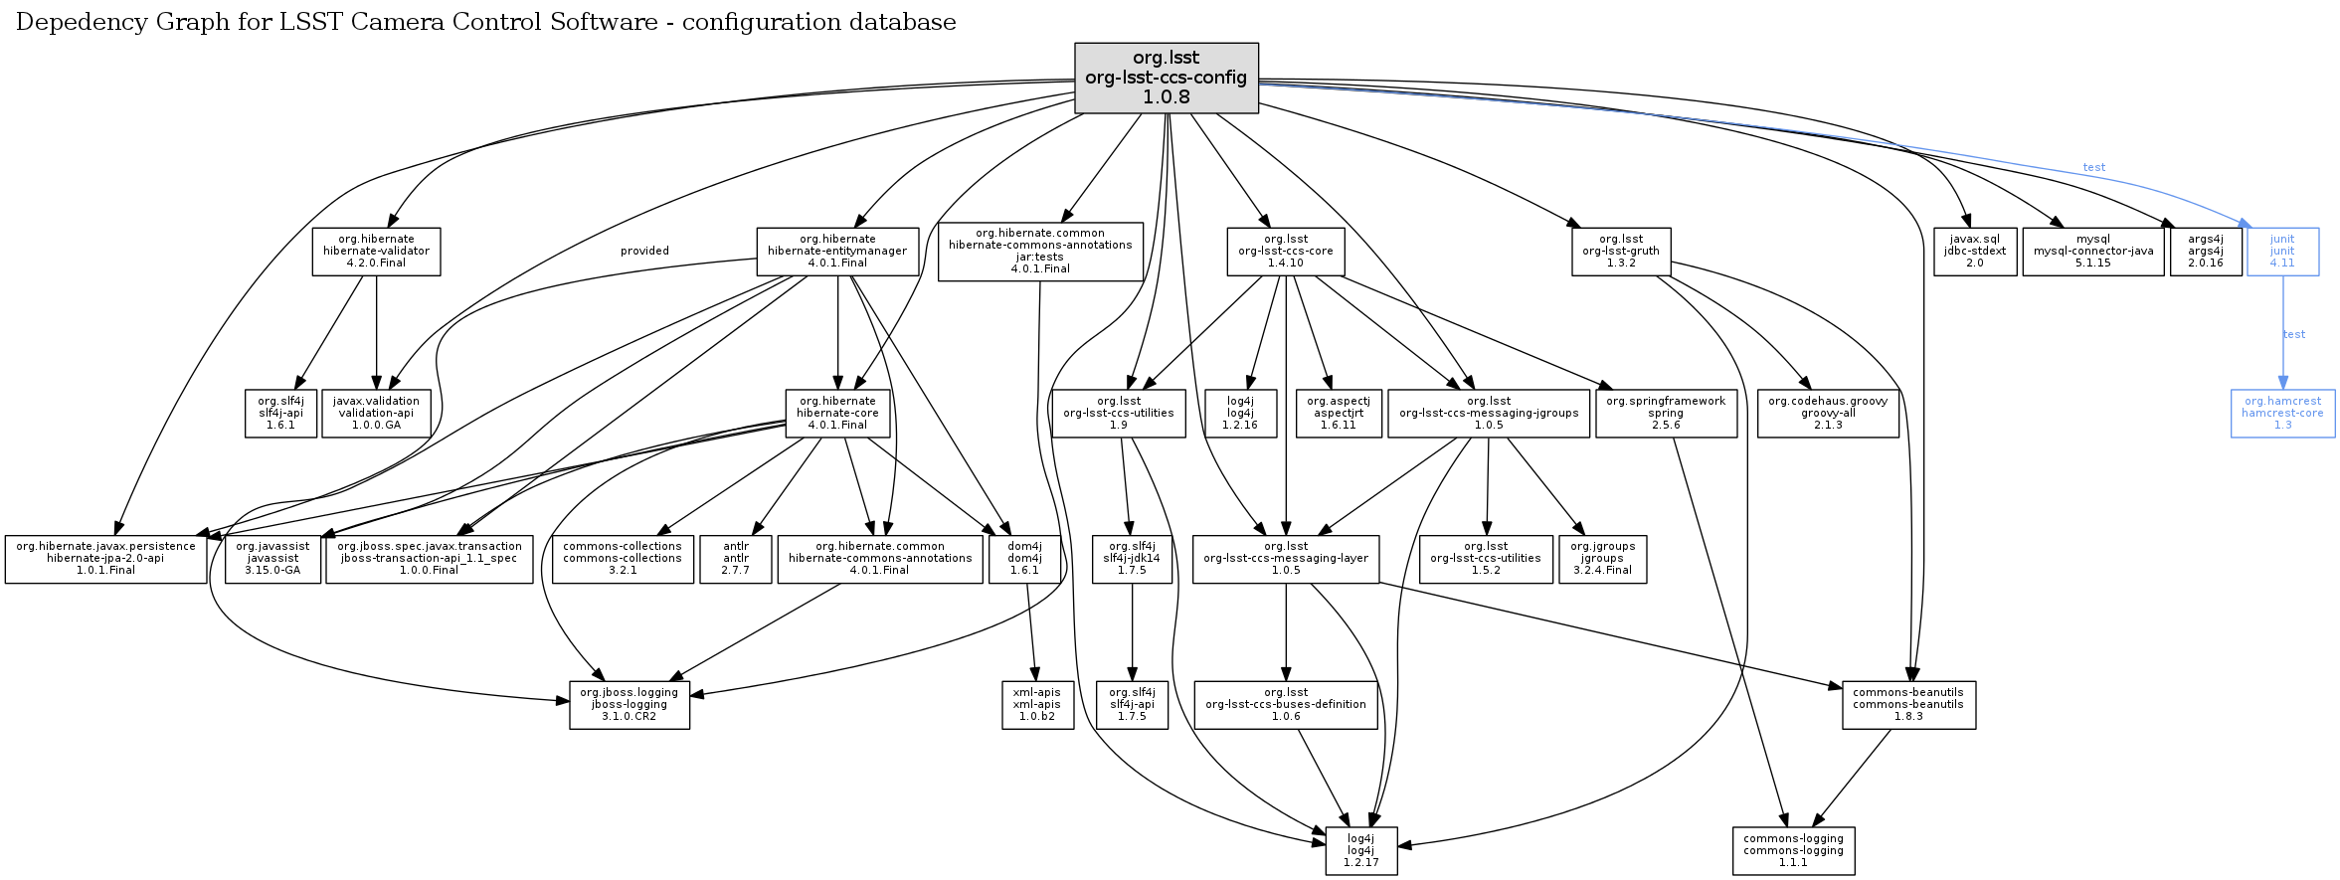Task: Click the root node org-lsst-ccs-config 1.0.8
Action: pos(1166,78)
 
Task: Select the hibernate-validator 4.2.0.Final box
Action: pos(376,252)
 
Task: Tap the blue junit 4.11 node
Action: pos(2282,252)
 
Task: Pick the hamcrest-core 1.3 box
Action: pos(2282,414)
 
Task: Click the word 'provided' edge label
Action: pos(644,251)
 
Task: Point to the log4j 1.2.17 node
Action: pos(1360,851)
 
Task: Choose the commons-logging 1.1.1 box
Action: pos(1793,851)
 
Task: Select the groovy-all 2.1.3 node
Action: pos(1828,414)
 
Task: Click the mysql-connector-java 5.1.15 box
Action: pos(2092,252)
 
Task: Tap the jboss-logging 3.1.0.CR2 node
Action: pos(629,705)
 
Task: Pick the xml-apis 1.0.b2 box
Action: pos(1037,705)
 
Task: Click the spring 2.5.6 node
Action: pos(1666,414)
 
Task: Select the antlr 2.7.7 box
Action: pos(736,559)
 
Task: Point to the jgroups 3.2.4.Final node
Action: pos(1602,559)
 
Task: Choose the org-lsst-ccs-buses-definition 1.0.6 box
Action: pos(1285,705)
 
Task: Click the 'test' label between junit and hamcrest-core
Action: pos(2294,334)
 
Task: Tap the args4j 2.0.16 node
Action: pos(2205,252)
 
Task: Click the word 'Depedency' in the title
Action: pos(68,23)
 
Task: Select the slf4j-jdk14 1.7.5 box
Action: pos(1132,559)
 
